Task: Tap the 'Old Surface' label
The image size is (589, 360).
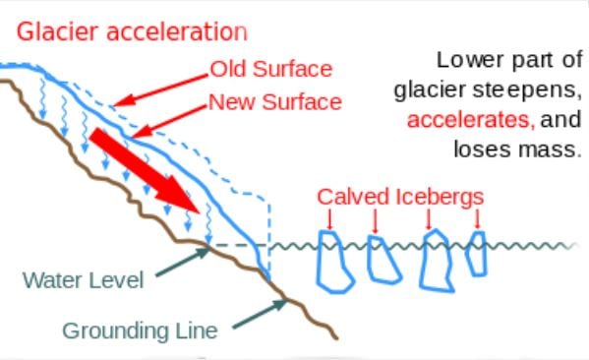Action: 271,70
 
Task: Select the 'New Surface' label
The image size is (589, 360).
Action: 274,101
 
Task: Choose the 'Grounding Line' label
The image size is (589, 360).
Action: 140,330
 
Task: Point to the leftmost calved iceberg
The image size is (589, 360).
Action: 334,261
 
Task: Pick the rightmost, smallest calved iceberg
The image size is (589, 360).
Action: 477,254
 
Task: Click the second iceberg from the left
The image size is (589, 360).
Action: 380,259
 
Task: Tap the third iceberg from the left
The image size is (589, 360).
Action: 434,261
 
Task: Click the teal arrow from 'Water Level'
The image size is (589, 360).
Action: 181,261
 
